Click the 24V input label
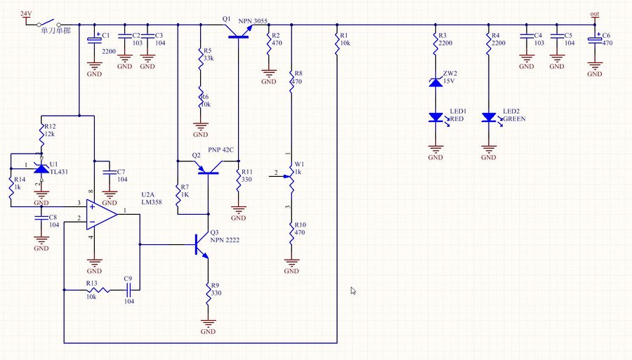click(25, 13)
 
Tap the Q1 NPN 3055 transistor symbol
click(237, 31)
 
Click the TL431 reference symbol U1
click(41, 169)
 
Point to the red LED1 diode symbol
click(435, 118)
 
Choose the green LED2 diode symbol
click(489, 118)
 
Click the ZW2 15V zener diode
click(435, 83)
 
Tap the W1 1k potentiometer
click(291, 179)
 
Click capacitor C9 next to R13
click(129, 289)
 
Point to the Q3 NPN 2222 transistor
click(203, 245)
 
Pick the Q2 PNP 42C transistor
click(208, 167)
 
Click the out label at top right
click(595, 14)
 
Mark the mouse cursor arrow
click(353, 290)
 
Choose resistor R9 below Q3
click(208, 295)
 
